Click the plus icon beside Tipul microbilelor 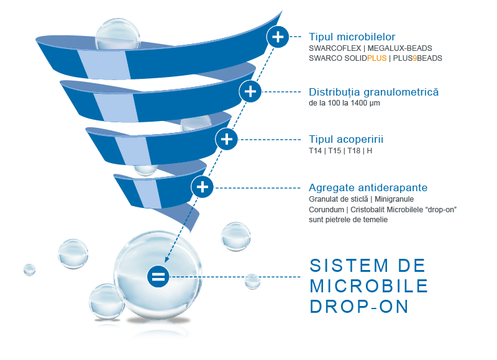click(278, 37)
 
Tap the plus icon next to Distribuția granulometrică click(250, 91)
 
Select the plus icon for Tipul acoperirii click(226, 139)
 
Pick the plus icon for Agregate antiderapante click(203, 187)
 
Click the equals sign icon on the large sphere click(158, 276)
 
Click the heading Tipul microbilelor click(352, 37)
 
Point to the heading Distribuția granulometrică click(374, 92)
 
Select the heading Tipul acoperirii click(346, 139)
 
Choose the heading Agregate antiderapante click(368, 187)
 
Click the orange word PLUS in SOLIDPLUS click(377, 58)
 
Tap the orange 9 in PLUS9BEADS click(415, 58)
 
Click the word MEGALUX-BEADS click(399, 48)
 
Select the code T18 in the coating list click(353, 151)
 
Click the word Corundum click(327, 210)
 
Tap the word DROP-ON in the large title click(359, 307)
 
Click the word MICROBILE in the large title click(369, 286)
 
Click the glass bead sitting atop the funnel click(117, 34)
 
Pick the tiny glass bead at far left click(29, 270)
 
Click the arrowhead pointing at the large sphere click(166, 259)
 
